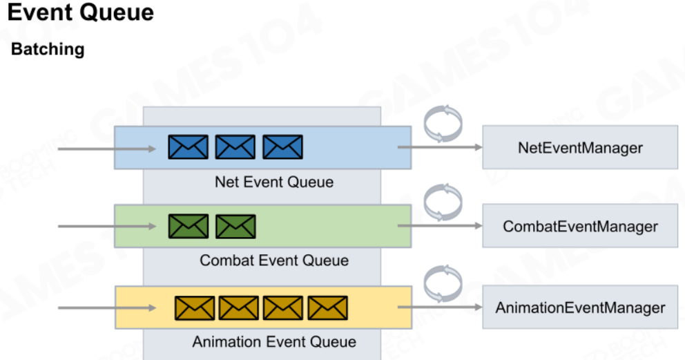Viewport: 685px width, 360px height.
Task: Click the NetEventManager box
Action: tap(580, 147)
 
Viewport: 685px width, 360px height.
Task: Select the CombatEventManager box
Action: tap(580, 226)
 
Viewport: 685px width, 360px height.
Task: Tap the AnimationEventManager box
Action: tap(580, 307)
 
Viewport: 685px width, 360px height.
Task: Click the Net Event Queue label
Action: tap(274, 182)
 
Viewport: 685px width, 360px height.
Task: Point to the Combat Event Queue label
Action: tap(274, 260)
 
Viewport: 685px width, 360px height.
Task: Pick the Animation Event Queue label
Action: tap(274, 341)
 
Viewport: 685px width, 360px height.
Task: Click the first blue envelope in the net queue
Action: tap(189, 146)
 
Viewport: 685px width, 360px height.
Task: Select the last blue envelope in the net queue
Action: tap(282, 146)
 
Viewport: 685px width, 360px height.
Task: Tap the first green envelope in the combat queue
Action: tap(189, 227)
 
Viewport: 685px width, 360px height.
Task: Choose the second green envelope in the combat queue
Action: tap(235, 227)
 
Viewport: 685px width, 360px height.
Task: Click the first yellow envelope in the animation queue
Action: tap(195, 308)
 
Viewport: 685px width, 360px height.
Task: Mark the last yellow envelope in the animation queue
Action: tap(327, 308)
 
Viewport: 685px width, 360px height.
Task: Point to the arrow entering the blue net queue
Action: tap(107, 149)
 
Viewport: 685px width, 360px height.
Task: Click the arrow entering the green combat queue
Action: tap(107, 227)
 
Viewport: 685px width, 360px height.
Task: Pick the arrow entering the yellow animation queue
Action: tap(107, 308)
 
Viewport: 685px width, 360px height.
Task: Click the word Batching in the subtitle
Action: tap(48, 49)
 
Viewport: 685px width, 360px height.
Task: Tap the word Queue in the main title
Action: tap(117, 12)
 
